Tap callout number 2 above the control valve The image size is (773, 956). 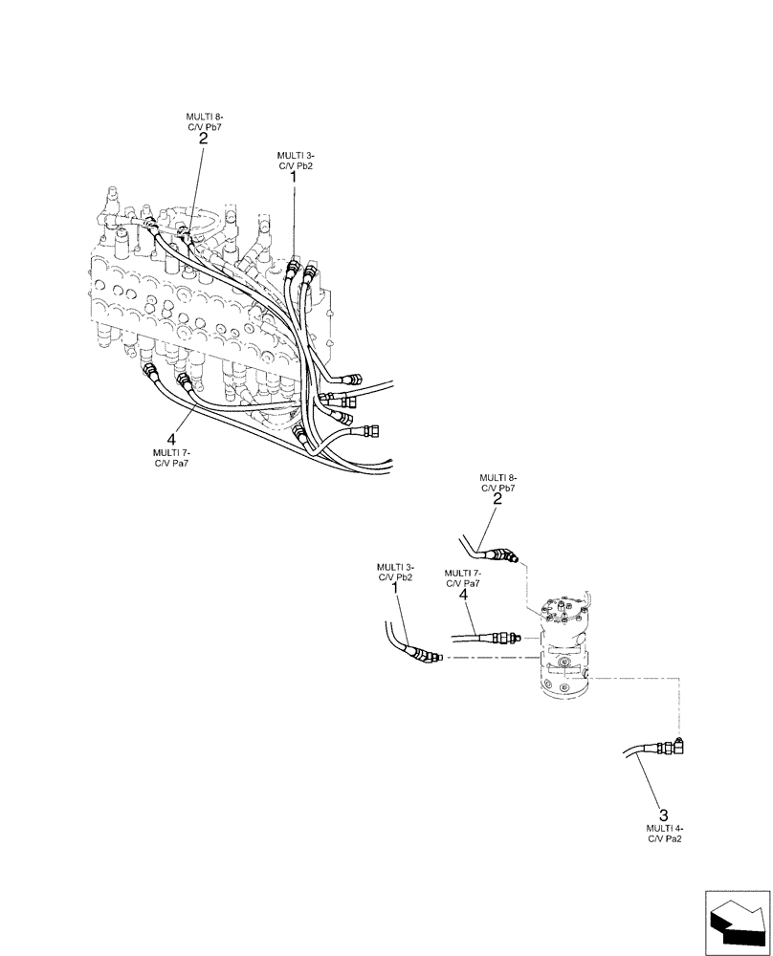pos(203,139)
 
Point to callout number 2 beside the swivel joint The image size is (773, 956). pos(497,499)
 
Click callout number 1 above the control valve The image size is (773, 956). pos(294,177)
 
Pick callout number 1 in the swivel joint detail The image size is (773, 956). pos(396,591)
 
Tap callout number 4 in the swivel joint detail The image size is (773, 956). pos(462,596)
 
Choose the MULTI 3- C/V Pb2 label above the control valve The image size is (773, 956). pos(295,160)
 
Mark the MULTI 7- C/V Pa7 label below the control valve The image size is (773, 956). pos(172,458)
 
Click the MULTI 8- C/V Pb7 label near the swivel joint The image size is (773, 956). pos(497,482)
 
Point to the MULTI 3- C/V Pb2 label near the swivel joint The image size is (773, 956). pos(396,574)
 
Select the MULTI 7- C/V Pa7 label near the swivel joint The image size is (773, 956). pos(462,578)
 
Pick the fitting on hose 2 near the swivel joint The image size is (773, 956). pos(505,554)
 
